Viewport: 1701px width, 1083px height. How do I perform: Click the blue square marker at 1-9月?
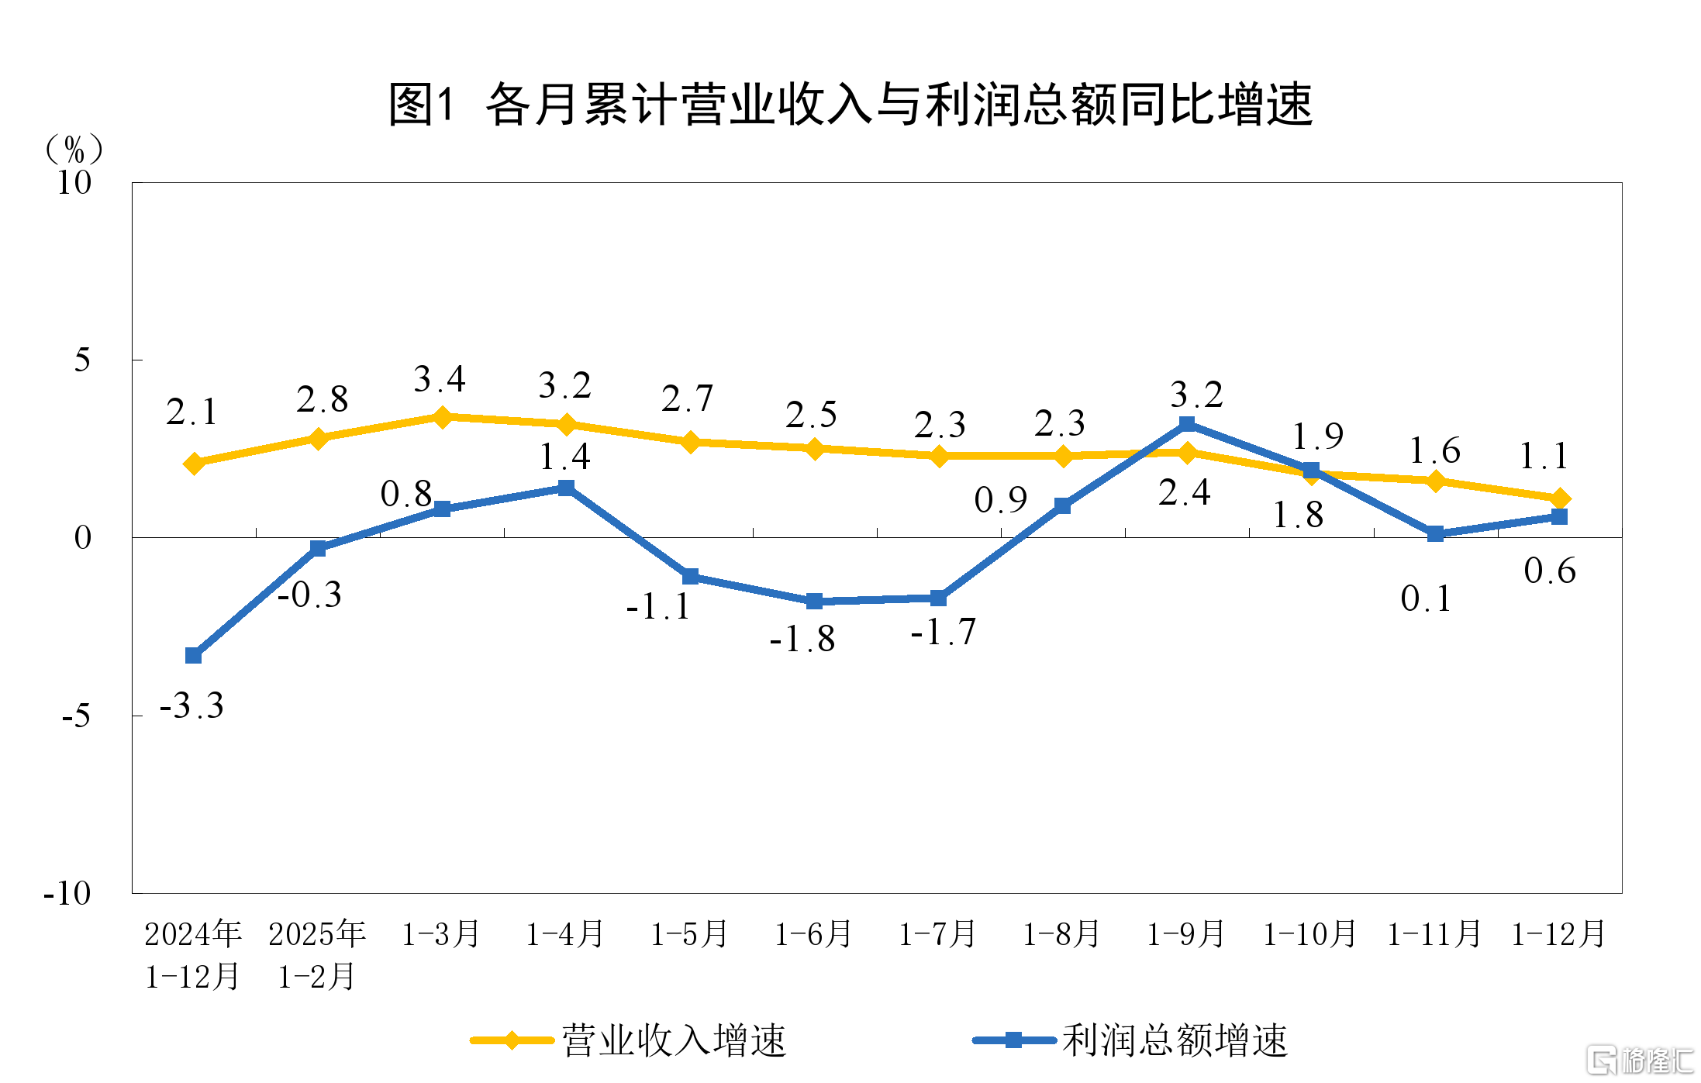click(1187, 424)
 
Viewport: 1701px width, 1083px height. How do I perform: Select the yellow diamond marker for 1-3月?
click(442, 417)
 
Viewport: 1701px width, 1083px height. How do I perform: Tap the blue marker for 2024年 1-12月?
click(194, 656)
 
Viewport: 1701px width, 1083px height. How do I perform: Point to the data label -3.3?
click(191, 706)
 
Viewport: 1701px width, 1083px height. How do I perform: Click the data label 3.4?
click(440, 380)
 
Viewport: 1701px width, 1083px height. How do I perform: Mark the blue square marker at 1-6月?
click(814, 601)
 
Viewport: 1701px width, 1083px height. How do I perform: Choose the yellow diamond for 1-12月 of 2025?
click(1560, 498)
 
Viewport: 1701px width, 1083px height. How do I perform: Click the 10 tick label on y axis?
click(74, 183)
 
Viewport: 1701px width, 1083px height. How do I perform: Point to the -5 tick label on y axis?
click(76, 716)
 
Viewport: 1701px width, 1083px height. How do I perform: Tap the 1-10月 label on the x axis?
click(1309, 934)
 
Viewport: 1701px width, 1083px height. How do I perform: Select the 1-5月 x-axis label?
click(689, 934)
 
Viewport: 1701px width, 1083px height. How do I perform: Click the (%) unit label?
click(74, 148)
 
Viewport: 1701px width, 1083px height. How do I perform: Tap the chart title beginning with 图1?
click(850, 105)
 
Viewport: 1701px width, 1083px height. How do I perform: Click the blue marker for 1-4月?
click(566, 488)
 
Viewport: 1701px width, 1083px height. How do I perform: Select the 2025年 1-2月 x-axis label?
click(317, 955)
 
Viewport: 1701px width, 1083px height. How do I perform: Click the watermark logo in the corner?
click(1639, 1059)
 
